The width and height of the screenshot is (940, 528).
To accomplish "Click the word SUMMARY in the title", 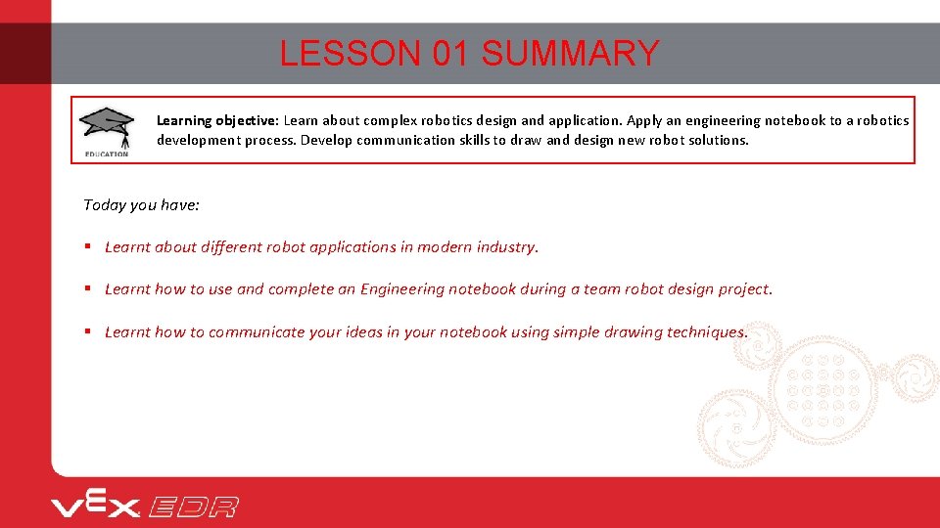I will click(570, 53).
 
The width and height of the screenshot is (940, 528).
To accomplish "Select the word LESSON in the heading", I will click(351, 53).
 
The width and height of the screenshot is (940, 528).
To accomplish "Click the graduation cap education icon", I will click(107, 129).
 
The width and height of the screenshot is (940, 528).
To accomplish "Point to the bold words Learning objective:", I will click(217, 120).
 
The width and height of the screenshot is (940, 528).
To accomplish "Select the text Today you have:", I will click(142, 204).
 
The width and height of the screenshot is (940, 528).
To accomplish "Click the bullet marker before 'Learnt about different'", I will click(88, 247).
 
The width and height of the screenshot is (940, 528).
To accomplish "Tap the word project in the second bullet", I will click(743, 289).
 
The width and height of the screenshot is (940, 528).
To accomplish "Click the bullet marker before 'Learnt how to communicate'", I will click(88, 332).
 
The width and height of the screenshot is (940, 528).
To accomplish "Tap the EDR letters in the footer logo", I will click(194, 506).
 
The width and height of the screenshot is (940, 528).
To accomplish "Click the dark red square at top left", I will click(25, 53).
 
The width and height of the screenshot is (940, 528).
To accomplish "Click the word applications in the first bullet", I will click(352, 247).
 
